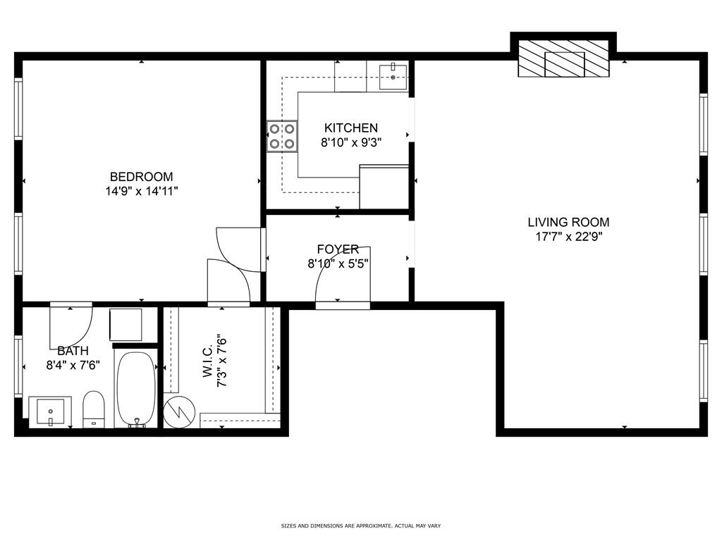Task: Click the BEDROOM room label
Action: (141, 177)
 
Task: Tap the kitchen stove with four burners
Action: (281, 137)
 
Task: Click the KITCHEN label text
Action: (350, 128)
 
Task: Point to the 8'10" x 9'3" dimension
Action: (350, 142)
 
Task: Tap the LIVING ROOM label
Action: (568, 223)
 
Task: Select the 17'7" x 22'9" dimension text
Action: (568, 237)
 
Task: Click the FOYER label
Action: (338, 249)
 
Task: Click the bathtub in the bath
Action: (135, 389)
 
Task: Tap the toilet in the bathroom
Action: (94, 409)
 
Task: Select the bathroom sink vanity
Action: (49, 411)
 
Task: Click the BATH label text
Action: (73, 351)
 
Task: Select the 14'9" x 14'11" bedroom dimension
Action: (141, 191)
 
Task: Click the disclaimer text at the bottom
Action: (360, 526)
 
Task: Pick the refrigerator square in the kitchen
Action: (384, 187)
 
